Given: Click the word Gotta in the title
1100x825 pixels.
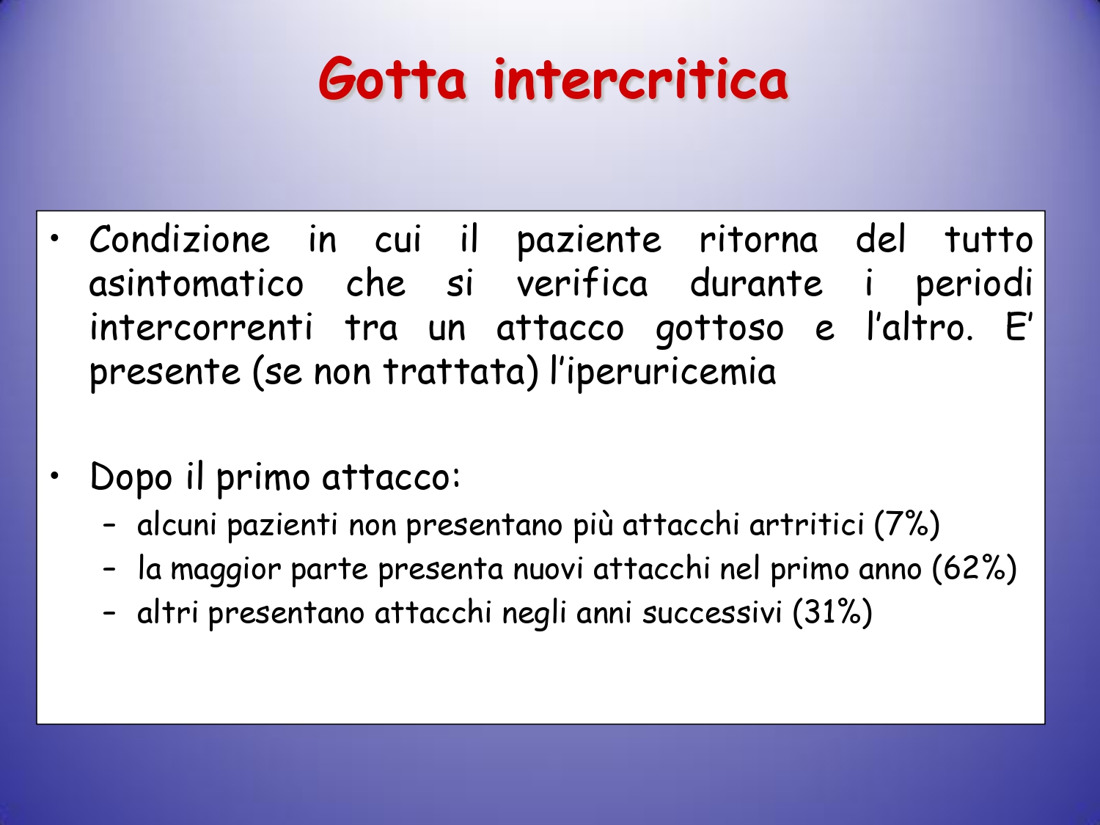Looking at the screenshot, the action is pyautogui.click(x=392, y=80).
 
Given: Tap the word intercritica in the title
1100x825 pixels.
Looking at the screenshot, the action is pyautogui.click(x=640, y=79).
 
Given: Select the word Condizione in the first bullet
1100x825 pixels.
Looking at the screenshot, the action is pyautogui.click(x=180, y=240).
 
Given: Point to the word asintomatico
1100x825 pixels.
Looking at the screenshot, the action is pyautogui.click(x=197, y=284).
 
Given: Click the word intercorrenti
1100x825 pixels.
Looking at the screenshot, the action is pyautogui.click(x=201, y=327).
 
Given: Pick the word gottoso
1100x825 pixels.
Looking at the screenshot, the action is pyautogui.click(x=719, y=329).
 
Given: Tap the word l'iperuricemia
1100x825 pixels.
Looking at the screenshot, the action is pyautogui.click(x=662, y=373).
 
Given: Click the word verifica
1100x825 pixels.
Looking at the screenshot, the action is pyautogui.click(x=582, y=284).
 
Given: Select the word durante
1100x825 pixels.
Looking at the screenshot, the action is pyautogui.click(x=756, y=284).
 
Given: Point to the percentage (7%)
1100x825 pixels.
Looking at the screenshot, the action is pyautogui.click(x=906, y=526).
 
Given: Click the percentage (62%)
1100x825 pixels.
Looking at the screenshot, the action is pyautogui.click(x=974, y=569).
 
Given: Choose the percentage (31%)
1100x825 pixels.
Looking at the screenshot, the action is pyautogui.click(x=832, y=612).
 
